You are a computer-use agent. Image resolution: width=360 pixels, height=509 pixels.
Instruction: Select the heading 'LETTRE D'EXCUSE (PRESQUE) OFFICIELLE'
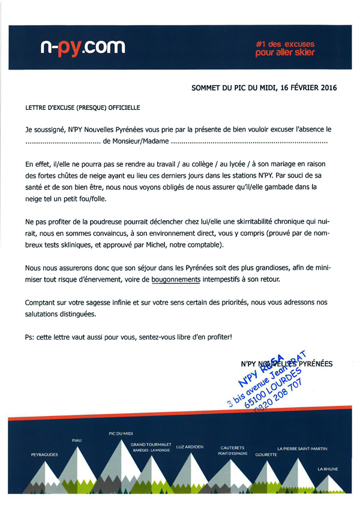(x=82, y=109)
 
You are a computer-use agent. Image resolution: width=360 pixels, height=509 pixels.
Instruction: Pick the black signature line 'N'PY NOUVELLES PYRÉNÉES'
(x=286, y=363)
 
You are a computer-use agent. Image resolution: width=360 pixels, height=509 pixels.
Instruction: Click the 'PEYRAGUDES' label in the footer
(x=44, y=455)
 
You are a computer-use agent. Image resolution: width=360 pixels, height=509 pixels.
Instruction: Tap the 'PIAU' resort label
(x=76, y=441)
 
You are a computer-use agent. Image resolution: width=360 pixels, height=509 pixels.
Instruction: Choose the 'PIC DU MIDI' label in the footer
(x=121, y=433)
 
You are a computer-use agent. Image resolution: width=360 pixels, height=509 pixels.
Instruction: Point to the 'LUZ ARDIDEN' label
(x=190, y=447)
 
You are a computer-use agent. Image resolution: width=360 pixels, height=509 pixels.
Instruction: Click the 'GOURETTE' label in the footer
(x=266, y=454)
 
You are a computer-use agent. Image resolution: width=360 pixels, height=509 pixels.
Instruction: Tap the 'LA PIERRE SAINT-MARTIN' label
(x=302, y=448)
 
